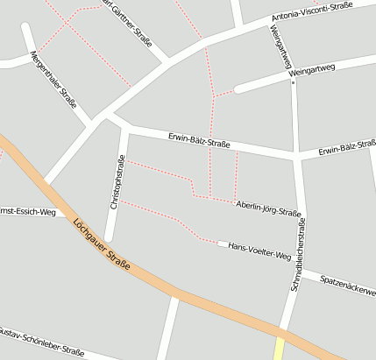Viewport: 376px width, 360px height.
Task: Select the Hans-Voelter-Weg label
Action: pyautogui.click(x=259, y=250)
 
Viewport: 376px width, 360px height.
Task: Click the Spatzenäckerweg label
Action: pyautogui.click(x=348, y=285)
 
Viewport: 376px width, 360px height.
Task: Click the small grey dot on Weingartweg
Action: pyautogui.click(x=292, y=84)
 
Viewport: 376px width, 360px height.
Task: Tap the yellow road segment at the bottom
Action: pyautogui.click(x=279, y=349)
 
